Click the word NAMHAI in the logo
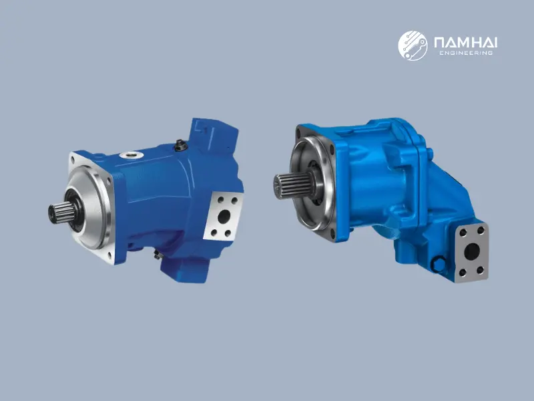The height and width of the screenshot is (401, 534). tap(465, 42)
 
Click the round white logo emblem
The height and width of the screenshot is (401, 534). tap(413, 45)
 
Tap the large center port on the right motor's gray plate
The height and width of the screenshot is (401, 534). tap(473, 252)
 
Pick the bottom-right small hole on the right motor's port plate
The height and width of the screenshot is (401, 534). tap(481, 270)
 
